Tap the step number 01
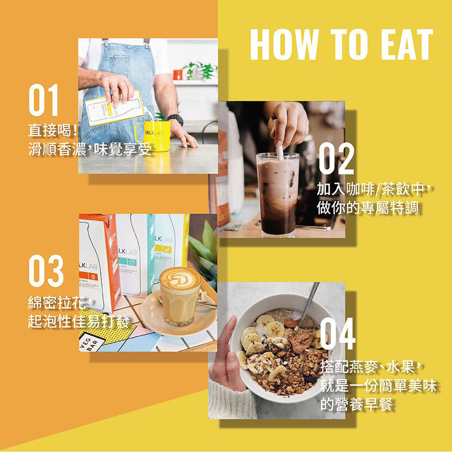pos(44,100)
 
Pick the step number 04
pos(338,334)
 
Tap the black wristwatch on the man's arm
pos(175,119)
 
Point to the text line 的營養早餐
pos(356,404)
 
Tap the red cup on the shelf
pos(178,75)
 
